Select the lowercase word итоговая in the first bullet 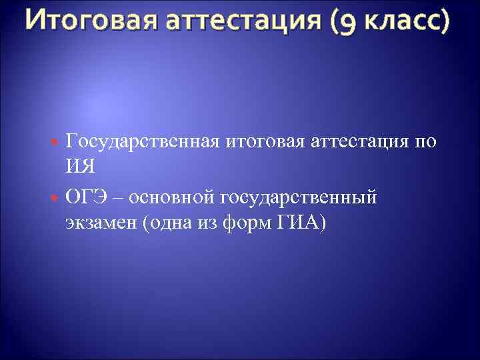click(x=264, y=142)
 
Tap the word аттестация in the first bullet click(x=361, y=142)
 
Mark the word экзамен click(x=101, y=224)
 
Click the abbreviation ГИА click(x=299, y=224)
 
